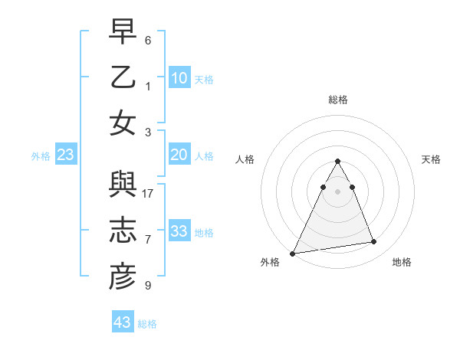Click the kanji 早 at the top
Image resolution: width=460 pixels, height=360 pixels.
pos(123,34)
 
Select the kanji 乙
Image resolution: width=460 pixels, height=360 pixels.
pos(123,78)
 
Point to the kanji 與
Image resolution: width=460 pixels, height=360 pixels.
pos(123,187)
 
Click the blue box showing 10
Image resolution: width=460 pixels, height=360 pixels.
pos(179,78)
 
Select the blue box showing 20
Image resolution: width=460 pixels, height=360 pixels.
pos(179,155)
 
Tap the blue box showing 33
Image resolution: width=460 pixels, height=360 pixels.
pos(179,231)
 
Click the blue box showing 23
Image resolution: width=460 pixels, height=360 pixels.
pos(66,155)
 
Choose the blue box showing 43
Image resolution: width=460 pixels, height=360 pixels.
pos(122,322)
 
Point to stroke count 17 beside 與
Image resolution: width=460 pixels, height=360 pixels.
pos(148,194)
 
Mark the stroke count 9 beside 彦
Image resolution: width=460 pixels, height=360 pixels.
pos(148,286)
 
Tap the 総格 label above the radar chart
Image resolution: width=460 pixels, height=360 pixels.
pos(337,100)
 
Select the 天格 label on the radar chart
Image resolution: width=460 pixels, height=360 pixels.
pos(432,159)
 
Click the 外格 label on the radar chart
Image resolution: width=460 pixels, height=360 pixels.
pos(270,262)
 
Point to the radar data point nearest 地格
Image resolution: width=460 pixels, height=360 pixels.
pos(374,242)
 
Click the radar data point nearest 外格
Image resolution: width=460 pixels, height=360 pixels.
pos(292,253)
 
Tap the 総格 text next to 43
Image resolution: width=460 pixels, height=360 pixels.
pos(147,323)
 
